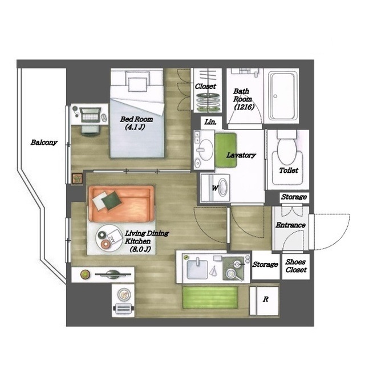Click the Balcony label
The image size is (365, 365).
(x=44, y=142)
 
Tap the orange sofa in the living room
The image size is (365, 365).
(x=121, y=204)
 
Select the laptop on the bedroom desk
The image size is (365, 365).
(x=90, y=115)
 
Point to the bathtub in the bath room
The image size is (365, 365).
(x=283, y=96)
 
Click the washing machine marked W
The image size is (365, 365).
(x=216, y=188)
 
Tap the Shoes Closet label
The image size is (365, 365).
(x=296, y=266)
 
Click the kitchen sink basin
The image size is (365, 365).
(x=197, y=269)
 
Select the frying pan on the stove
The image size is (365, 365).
(x=233, y=274)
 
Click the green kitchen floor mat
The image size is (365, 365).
(x=210, y=298)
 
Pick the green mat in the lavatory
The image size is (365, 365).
(x=226, y=149)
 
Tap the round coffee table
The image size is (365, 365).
(x=109, y=238)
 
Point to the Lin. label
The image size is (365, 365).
(x=210, y=121)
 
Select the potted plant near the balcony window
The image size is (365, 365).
(x=78, y=179)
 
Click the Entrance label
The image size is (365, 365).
(x=290, y=225)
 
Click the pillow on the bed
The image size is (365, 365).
(x=137, y=85)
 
